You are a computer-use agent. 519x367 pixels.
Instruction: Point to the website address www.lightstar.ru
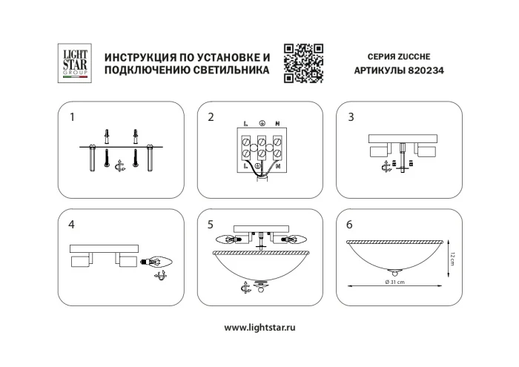click(x=259, y=327)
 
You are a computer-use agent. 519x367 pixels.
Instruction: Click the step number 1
click(x=72, y=117)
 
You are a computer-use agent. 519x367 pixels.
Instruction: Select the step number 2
click(x=211, y=117)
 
